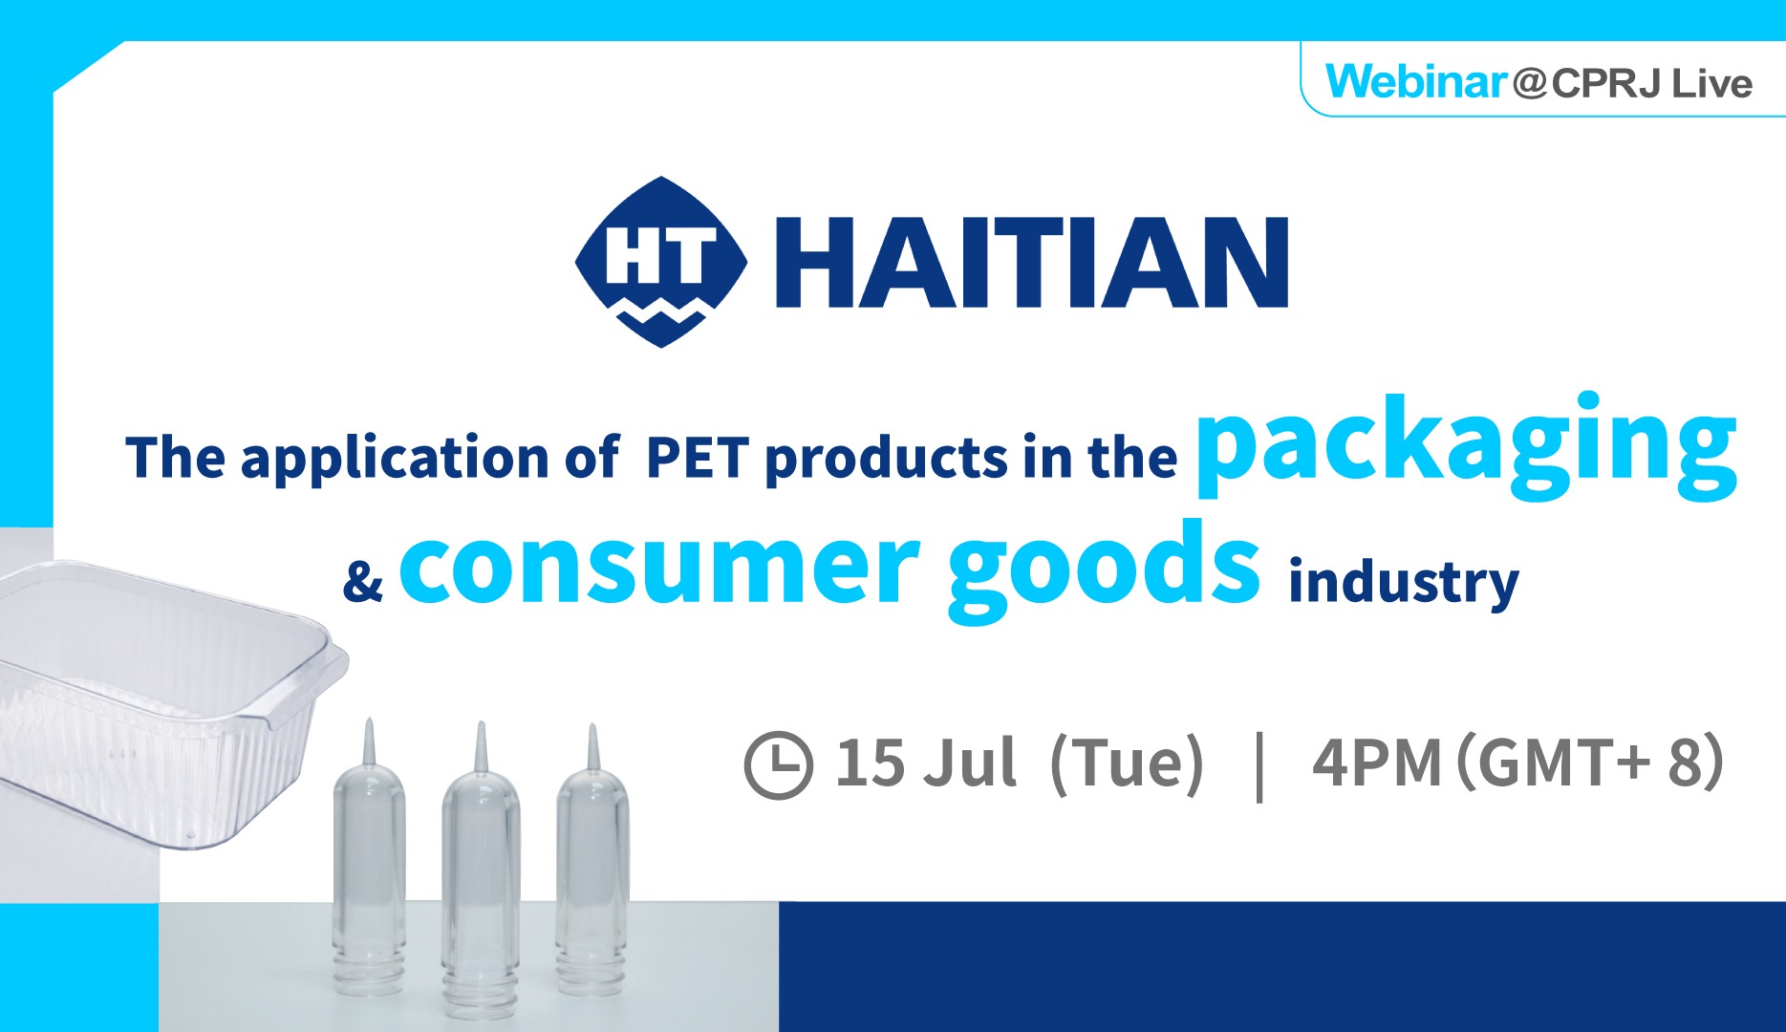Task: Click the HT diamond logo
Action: [x=661, y=261]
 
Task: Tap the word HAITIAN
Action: [x=1032, y=262]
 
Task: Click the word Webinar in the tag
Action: [x=1416, y=82]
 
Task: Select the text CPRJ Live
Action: [x=1652, y=84]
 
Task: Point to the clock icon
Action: [x=778, y=764]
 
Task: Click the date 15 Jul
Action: [x=925, y=763]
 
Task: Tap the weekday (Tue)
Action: [x=1127, y=764]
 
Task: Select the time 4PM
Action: [x=1377, y=763]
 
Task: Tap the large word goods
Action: [x=1104, y=570]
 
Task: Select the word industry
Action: [x=1403, y=581]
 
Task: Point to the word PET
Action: [x=697, y=458]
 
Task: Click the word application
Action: [x=393, y=460]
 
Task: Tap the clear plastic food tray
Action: [x=162, y=702]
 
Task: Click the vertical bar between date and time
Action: [x=1259, y=765]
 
